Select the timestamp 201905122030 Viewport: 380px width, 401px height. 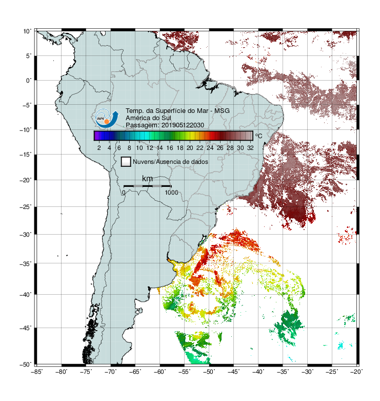pyautogui.click(x=183, y=125)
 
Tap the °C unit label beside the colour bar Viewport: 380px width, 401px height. pyautogui.click(x=258, y=136)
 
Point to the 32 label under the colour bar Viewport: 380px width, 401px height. pyautogui.click(x=250, y=148)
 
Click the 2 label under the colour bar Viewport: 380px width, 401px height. pyautogui.click(x=99, y=148)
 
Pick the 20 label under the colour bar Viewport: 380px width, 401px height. pyautogui.click(x=190, y=148)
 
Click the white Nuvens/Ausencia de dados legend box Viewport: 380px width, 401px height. pyautogui.click(x=126, y=162)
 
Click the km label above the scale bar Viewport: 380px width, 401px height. pyautogui.click(x=147, y=179)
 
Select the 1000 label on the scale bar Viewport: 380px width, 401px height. pyautogui.click(x=171, y=193)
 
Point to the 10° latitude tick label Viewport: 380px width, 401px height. pyautogui.click(x=27, y=31)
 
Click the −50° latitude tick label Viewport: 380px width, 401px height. pyautogui.click(x=26, y=364)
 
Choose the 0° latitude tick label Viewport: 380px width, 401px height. pyautogui.click(x=29, y=81)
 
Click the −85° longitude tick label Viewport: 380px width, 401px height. pyautogui.click(x=37, y=372)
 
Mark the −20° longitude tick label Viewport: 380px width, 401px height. pyautogui.click(x=356, y=372)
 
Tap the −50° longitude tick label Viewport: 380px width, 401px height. pyautogui.click(x=209, y=372)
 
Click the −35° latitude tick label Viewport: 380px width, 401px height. pyautogui.click(x=26, y=263)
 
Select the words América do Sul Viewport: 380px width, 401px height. pyautogui.click(x=148, y=118)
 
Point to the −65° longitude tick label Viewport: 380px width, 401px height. pyautogui.click(x=135, y=372)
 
